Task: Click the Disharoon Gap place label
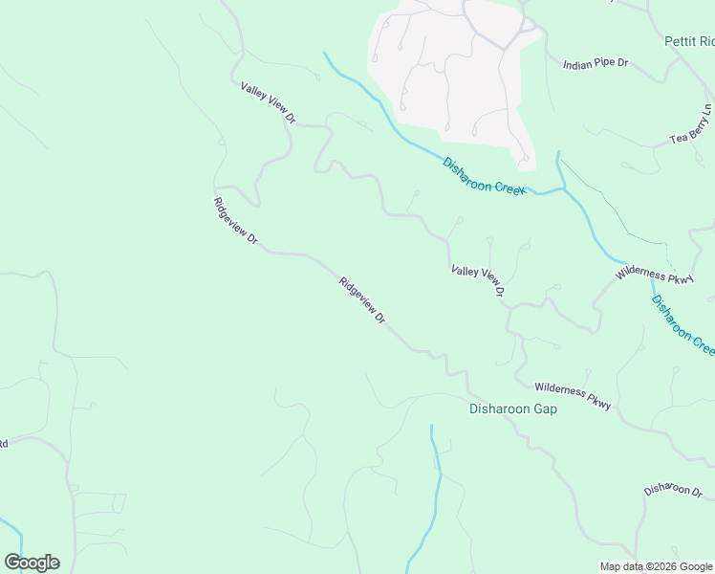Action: pos(512,408)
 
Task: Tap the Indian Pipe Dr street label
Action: pos(595,64)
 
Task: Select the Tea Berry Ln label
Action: pos(691,125)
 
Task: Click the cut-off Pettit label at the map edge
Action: pos(689,42)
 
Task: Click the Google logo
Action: pos(32,563)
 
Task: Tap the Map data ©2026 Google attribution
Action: pos(656,566)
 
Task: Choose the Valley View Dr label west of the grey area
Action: pos(269,102)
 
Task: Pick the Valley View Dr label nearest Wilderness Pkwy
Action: pos(477,281)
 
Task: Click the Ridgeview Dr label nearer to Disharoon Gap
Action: pos(361,299)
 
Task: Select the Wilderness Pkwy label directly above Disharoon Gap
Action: pos(572,389)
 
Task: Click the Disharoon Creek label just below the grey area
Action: pos(484,176)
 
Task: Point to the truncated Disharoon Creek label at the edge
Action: pos(682,324)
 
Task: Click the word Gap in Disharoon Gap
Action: pos(545,408)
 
